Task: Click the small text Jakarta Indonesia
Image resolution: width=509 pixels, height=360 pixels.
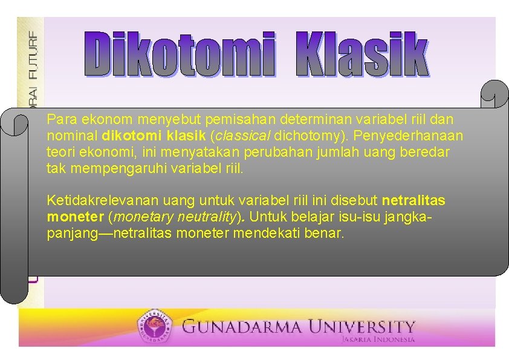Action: tap(378, 339)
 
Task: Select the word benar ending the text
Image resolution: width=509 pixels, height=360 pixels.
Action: tap(326, 233)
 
